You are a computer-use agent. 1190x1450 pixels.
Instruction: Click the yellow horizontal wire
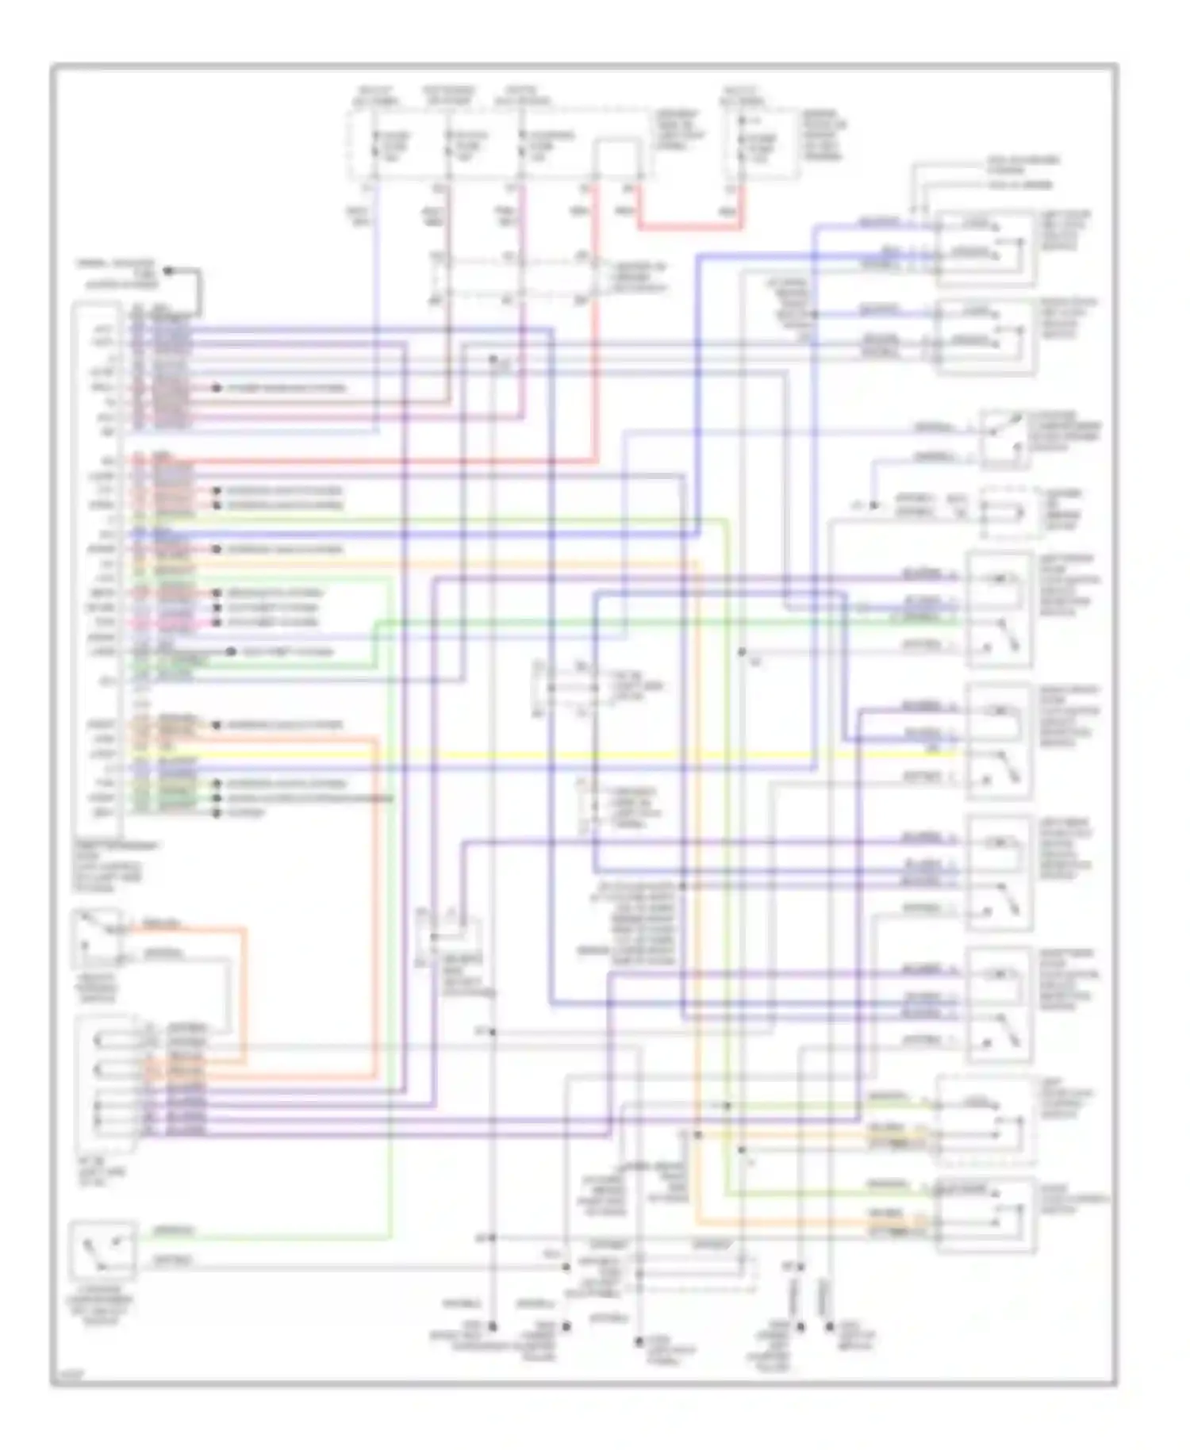(555, 754)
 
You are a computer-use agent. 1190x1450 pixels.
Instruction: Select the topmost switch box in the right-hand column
(985, 248)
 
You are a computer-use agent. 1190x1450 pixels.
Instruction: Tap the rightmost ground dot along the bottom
(829, 1325)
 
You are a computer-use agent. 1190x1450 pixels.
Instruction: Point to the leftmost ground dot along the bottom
(492, 1325)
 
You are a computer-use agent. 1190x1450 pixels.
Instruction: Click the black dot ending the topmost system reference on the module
(216, 388)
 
